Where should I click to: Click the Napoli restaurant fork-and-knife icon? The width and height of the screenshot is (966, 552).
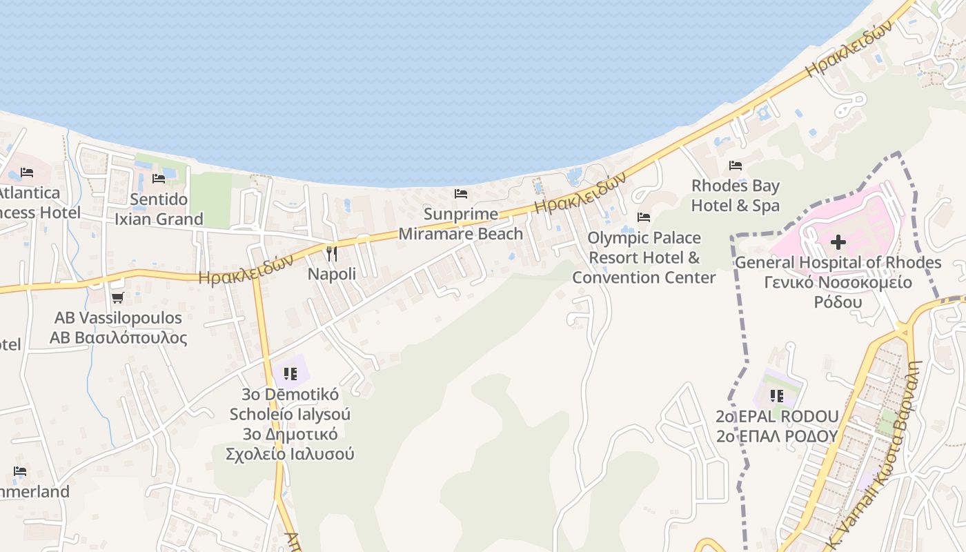coord(332,254)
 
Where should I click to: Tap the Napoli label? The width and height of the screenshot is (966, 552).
coord(332,274)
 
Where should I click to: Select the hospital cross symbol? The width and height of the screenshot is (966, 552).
coord(838,242)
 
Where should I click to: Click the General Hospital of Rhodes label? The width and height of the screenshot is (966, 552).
coord(838,263)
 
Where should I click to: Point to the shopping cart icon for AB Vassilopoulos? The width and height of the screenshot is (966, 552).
coord(117,298)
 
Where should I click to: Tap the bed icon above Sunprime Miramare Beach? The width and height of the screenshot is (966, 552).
coord(461,194)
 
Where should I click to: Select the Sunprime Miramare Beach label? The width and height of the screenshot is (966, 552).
coord(461,224)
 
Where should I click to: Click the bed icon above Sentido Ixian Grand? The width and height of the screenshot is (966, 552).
coord(159,179)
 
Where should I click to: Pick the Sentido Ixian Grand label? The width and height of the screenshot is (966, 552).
coord(159,209)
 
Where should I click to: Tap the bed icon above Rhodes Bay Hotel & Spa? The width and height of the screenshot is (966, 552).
coord(736,166)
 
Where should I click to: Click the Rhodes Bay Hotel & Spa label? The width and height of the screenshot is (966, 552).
coord(736,195)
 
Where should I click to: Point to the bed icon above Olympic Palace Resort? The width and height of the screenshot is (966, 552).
coord(644,217)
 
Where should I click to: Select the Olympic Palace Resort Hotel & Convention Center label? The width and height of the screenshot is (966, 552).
coord(644,257)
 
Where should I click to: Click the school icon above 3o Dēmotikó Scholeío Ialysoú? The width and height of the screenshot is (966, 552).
coord(290,374)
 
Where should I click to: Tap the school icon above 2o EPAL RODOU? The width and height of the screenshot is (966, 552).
coord(777,396)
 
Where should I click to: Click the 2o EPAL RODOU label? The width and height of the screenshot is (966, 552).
coord(777,417)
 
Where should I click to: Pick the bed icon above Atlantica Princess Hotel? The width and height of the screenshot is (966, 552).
coord(27,172)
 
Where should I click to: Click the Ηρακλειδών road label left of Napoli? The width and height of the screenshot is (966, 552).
coord(246,269)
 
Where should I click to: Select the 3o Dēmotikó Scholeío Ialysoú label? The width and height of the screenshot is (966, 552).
coord(290,424)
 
